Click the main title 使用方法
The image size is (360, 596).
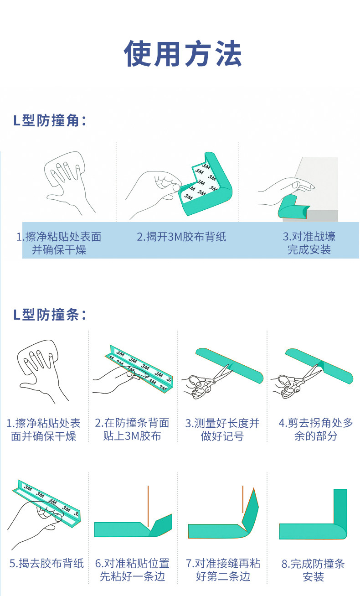point(183,53)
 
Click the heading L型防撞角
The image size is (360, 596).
point(50,120)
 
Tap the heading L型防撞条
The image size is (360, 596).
point(50,315)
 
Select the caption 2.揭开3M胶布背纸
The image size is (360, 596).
point(181,237)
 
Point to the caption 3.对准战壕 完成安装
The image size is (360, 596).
point(309,243)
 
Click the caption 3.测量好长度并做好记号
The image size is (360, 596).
point(222,430)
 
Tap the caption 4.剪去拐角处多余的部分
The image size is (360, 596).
point(316,429)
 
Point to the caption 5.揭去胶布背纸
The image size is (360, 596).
point(46,563)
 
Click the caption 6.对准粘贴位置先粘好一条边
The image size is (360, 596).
point(133,570)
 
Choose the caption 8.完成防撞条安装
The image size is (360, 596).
point(313,570)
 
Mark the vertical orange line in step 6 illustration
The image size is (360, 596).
point(148,506)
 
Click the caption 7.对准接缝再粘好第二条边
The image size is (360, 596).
point(223,570)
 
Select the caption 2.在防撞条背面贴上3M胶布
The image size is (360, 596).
point(132,429)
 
